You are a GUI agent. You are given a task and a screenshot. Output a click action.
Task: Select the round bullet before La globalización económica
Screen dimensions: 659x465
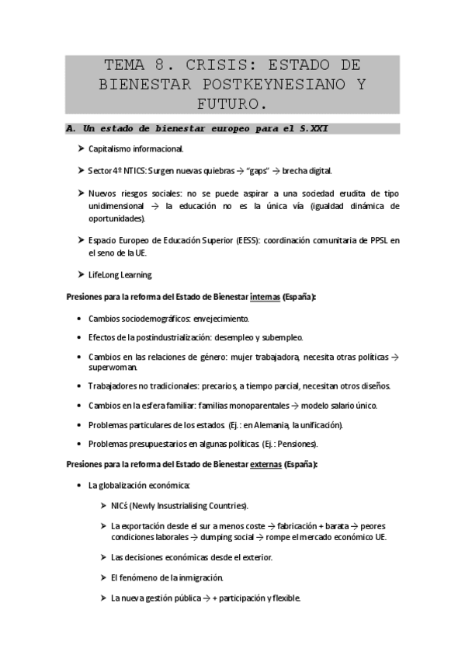coord(82,486)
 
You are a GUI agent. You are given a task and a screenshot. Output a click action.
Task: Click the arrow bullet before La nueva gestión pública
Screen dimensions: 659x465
coord(104,598)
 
